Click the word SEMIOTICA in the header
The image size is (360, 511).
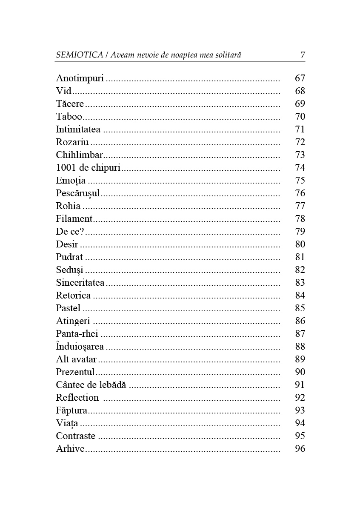click(80, 55)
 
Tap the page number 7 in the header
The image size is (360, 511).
click(303, 55)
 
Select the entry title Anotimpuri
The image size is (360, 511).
click(80, 78)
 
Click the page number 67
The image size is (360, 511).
click(300, 78)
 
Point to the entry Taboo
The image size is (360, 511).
click(69, 117)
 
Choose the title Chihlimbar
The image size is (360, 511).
click(80, 155)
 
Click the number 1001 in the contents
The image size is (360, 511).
click(64, 168)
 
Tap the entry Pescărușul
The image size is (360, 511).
click(78, 193)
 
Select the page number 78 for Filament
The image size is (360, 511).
click(300, 219)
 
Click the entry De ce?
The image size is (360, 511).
click(70, 232)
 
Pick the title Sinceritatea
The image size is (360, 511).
click(80, 283)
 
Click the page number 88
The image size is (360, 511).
click(300, 347)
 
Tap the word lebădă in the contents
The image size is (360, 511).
click(114, 385)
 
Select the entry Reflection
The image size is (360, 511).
click(77, 398)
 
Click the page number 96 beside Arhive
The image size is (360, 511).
click(300, 449)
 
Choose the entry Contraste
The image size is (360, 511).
click(76, 436)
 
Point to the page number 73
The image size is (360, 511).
click(300, 155)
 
